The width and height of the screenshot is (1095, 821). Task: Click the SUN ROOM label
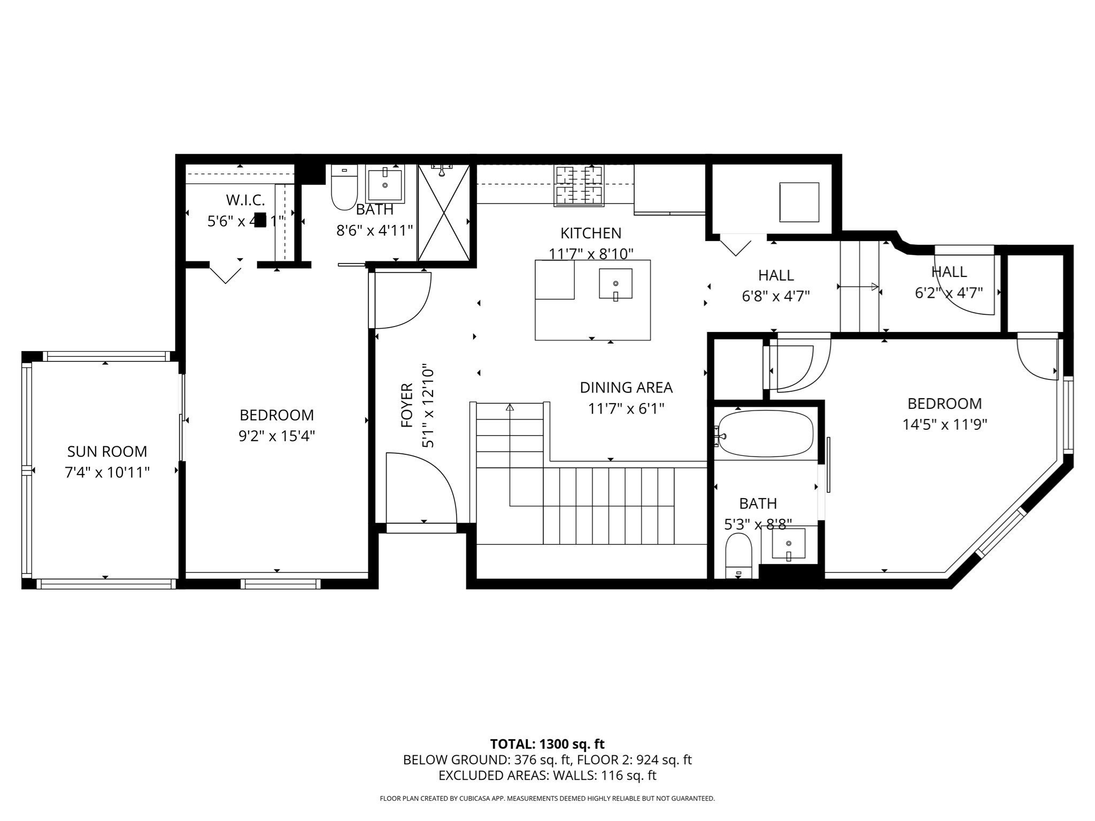107,452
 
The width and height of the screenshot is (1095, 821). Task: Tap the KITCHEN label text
591,233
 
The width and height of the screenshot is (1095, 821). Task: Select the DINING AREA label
626,388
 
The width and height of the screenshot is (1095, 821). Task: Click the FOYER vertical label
407,405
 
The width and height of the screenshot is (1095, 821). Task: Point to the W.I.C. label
245,200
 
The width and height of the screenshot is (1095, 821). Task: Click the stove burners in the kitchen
579,185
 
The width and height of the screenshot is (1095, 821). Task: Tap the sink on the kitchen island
615,284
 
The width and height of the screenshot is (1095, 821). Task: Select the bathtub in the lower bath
766,433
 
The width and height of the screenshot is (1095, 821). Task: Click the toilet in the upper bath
344,187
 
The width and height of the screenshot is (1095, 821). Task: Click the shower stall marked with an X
444,213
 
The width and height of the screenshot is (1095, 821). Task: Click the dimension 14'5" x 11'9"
944,425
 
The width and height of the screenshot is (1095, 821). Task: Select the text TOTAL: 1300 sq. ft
547,744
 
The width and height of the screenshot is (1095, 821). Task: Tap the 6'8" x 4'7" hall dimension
776,296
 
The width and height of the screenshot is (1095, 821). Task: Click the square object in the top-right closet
799,202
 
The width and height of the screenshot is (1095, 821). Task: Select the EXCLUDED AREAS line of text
547,776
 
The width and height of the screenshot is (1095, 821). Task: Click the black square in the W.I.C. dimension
260,220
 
